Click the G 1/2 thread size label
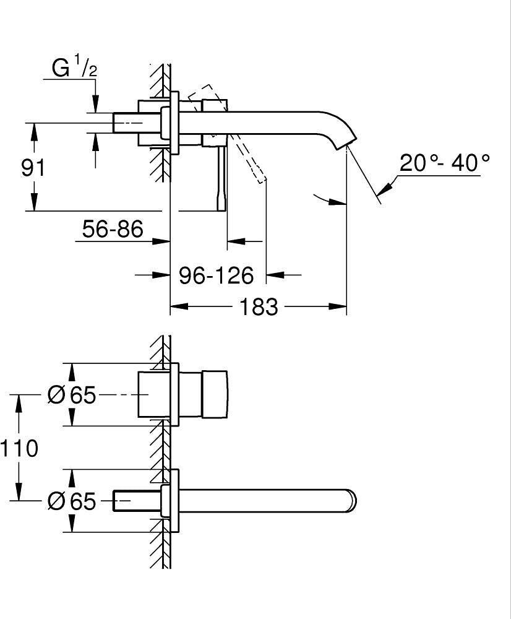pos(75,68)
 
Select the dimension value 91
pos(33,167)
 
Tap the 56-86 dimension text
pos(113,230)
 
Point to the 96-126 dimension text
pos(217,275)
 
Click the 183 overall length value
pos(258,306)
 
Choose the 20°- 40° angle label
pos(444,163)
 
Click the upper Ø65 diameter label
pos(72,395)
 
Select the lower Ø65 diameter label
pos(72,501)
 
